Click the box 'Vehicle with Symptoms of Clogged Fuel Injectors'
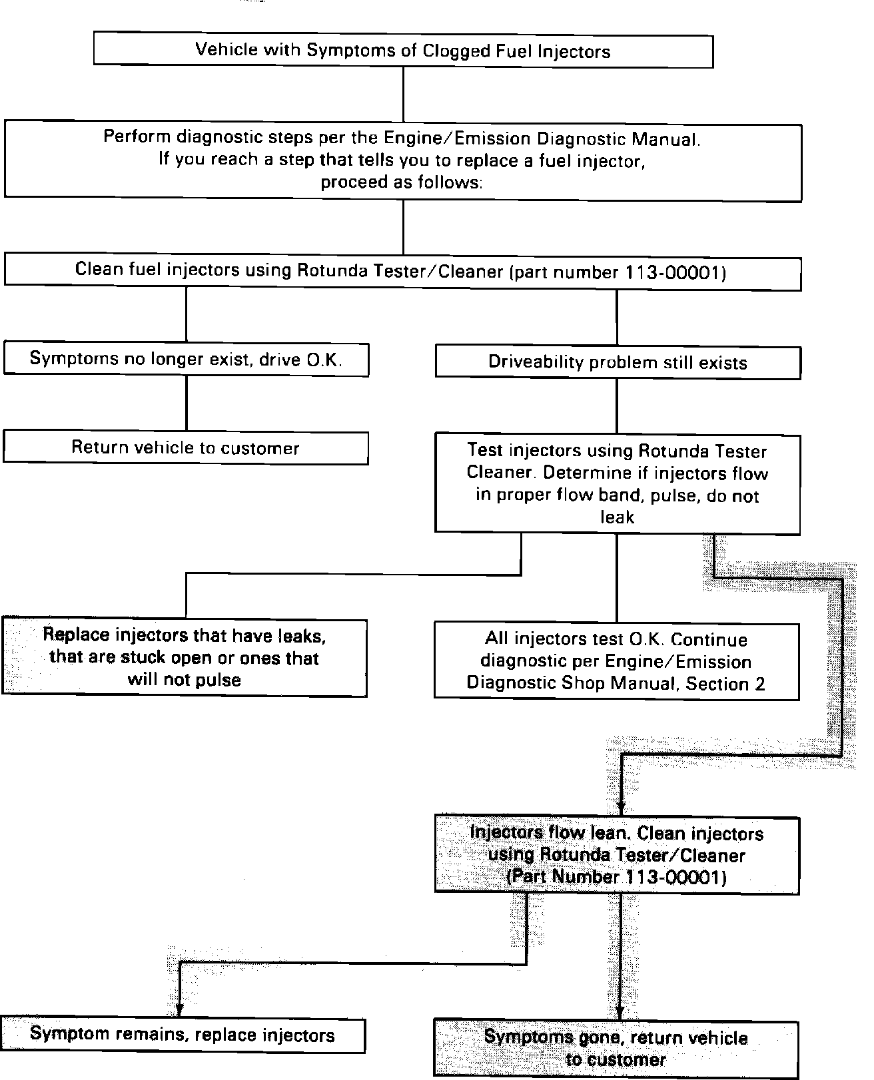click(x=403, y=51)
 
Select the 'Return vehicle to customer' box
click(x=185, y=447)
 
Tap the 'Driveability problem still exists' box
click(x=618, y=363)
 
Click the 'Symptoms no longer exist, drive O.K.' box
click(x=186, y=359)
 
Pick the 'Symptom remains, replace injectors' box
click(x=183, y=1035)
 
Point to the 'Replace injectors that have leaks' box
click(x=185, y=657)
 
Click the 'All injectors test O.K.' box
click(x=616, y=661)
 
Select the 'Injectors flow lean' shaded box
click(x=617, y=855)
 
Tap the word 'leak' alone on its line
click(x=617, y=517)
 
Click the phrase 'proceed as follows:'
click(x=402, y=182)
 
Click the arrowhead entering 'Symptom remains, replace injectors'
click(x=179, y=1009)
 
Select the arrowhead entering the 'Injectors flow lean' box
click(x=622, y=808)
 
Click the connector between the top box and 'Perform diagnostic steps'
click(x=403, y=94)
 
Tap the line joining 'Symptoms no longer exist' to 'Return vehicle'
click(x=186, y=404)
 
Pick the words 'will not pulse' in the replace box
click(x=185, y=679)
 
